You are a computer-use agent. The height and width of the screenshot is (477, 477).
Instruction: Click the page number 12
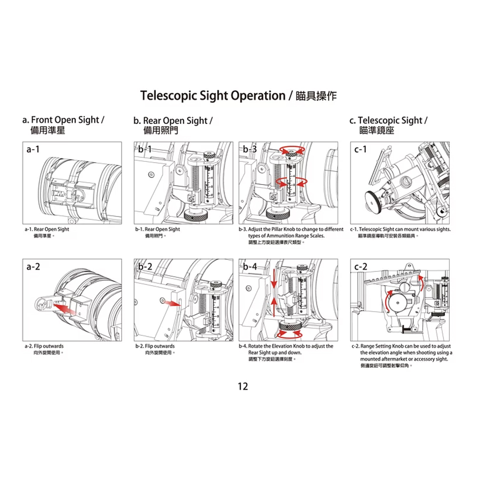(x=243, y=386)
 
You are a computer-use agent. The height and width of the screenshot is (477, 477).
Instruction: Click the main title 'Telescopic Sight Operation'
(x=213, y=95)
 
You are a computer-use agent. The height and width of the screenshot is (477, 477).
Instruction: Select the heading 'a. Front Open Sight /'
(x=63, y=120)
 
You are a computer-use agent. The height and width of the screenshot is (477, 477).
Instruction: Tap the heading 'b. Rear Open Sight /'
(x=173, y=121)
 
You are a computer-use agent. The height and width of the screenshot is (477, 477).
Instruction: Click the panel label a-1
(x=33, y=149)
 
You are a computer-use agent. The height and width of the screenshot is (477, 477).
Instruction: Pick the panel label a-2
(x=33, y=267)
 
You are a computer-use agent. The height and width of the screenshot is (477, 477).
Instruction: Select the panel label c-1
(x=361, y=149)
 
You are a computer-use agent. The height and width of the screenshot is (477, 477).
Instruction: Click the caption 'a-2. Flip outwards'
(x=44, y=346)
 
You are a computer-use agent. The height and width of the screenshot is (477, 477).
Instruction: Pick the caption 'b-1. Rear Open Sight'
(x=158, y=229)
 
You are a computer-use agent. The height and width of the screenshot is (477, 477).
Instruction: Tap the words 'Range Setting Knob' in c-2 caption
(x=383, y=346)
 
